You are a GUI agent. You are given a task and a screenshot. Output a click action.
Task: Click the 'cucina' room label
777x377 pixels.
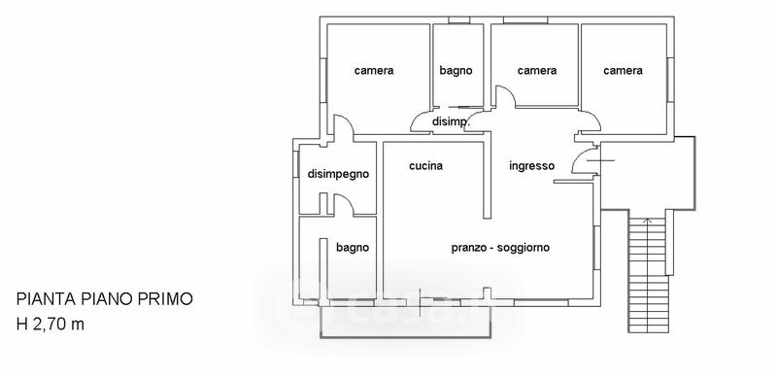pos(425,166)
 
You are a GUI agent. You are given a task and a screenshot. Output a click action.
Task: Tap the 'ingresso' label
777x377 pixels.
pos(531,166)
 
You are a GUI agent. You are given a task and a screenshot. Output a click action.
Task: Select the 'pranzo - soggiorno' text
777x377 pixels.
pos(500,248)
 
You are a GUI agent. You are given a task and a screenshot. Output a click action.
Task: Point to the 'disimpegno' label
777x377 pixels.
pos(338,175)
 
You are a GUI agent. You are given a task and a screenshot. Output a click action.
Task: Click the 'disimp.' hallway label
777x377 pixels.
pos(451,121)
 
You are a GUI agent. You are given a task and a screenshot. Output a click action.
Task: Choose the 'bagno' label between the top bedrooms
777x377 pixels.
pos(456,71)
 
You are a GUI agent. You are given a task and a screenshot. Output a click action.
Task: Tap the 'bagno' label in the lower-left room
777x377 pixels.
pos(353,248)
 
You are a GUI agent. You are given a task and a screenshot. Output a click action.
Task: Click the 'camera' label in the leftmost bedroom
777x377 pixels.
pos(374,70)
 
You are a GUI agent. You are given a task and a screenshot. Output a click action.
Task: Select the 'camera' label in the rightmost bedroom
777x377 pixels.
pos(623,70)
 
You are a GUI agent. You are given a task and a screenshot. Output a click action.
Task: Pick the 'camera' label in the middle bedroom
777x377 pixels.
pos(537,70)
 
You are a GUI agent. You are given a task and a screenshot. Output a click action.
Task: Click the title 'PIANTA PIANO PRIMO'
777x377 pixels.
pos(105,299)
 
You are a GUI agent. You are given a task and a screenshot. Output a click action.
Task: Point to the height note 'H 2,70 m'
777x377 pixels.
pos(51,325)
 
